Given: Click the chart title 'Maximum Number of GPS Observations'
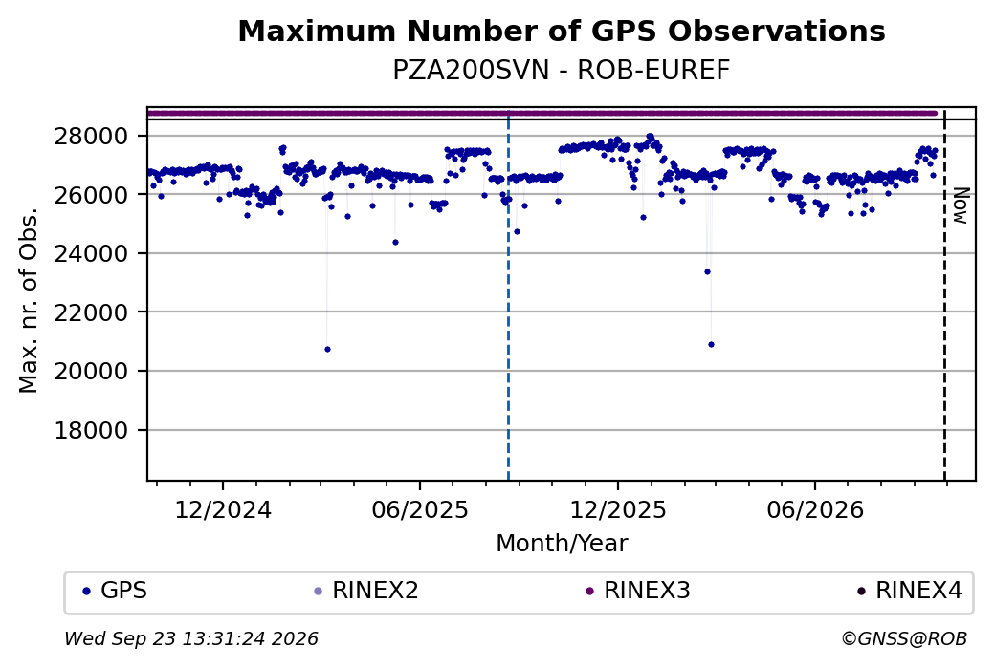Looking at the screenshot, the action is (562, 31).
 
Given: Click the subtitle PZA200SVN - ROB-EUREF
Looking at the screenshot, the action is (562, 71).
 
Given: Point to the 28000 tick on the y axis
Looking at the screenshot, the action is (91, 136).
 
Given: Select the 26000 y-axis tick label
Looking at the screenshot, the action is (91, 195).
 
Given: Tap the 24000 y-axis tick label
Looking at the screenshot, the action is (91, 253).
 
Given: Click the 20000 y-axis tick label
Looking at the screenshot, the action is (91, 371).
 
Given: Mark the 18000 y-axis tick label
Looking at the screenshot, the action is (91, 430).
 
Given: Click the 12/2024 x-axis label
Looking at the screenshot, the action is (223, 510).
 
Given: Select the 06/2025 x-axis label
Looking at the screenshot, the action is (420, 510).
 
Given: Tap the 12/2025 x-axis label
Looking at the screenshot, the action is (618, 510).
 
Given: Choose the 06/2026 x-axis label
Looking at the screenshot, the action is (815, 510).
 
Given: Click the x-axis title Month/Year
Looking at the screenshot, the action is (562, 544).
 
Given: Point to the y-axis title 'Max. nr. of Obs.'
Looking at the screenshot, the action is (29, 300).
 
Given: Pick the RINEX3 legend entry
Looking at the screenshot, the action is (638, 591).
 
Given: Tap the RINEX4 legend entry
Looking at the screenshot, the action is (910, 591).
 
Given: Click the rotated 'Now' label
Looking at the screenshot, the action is (962, 205).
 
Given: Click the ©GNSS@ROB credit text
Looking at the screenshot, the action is (904, 638).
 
